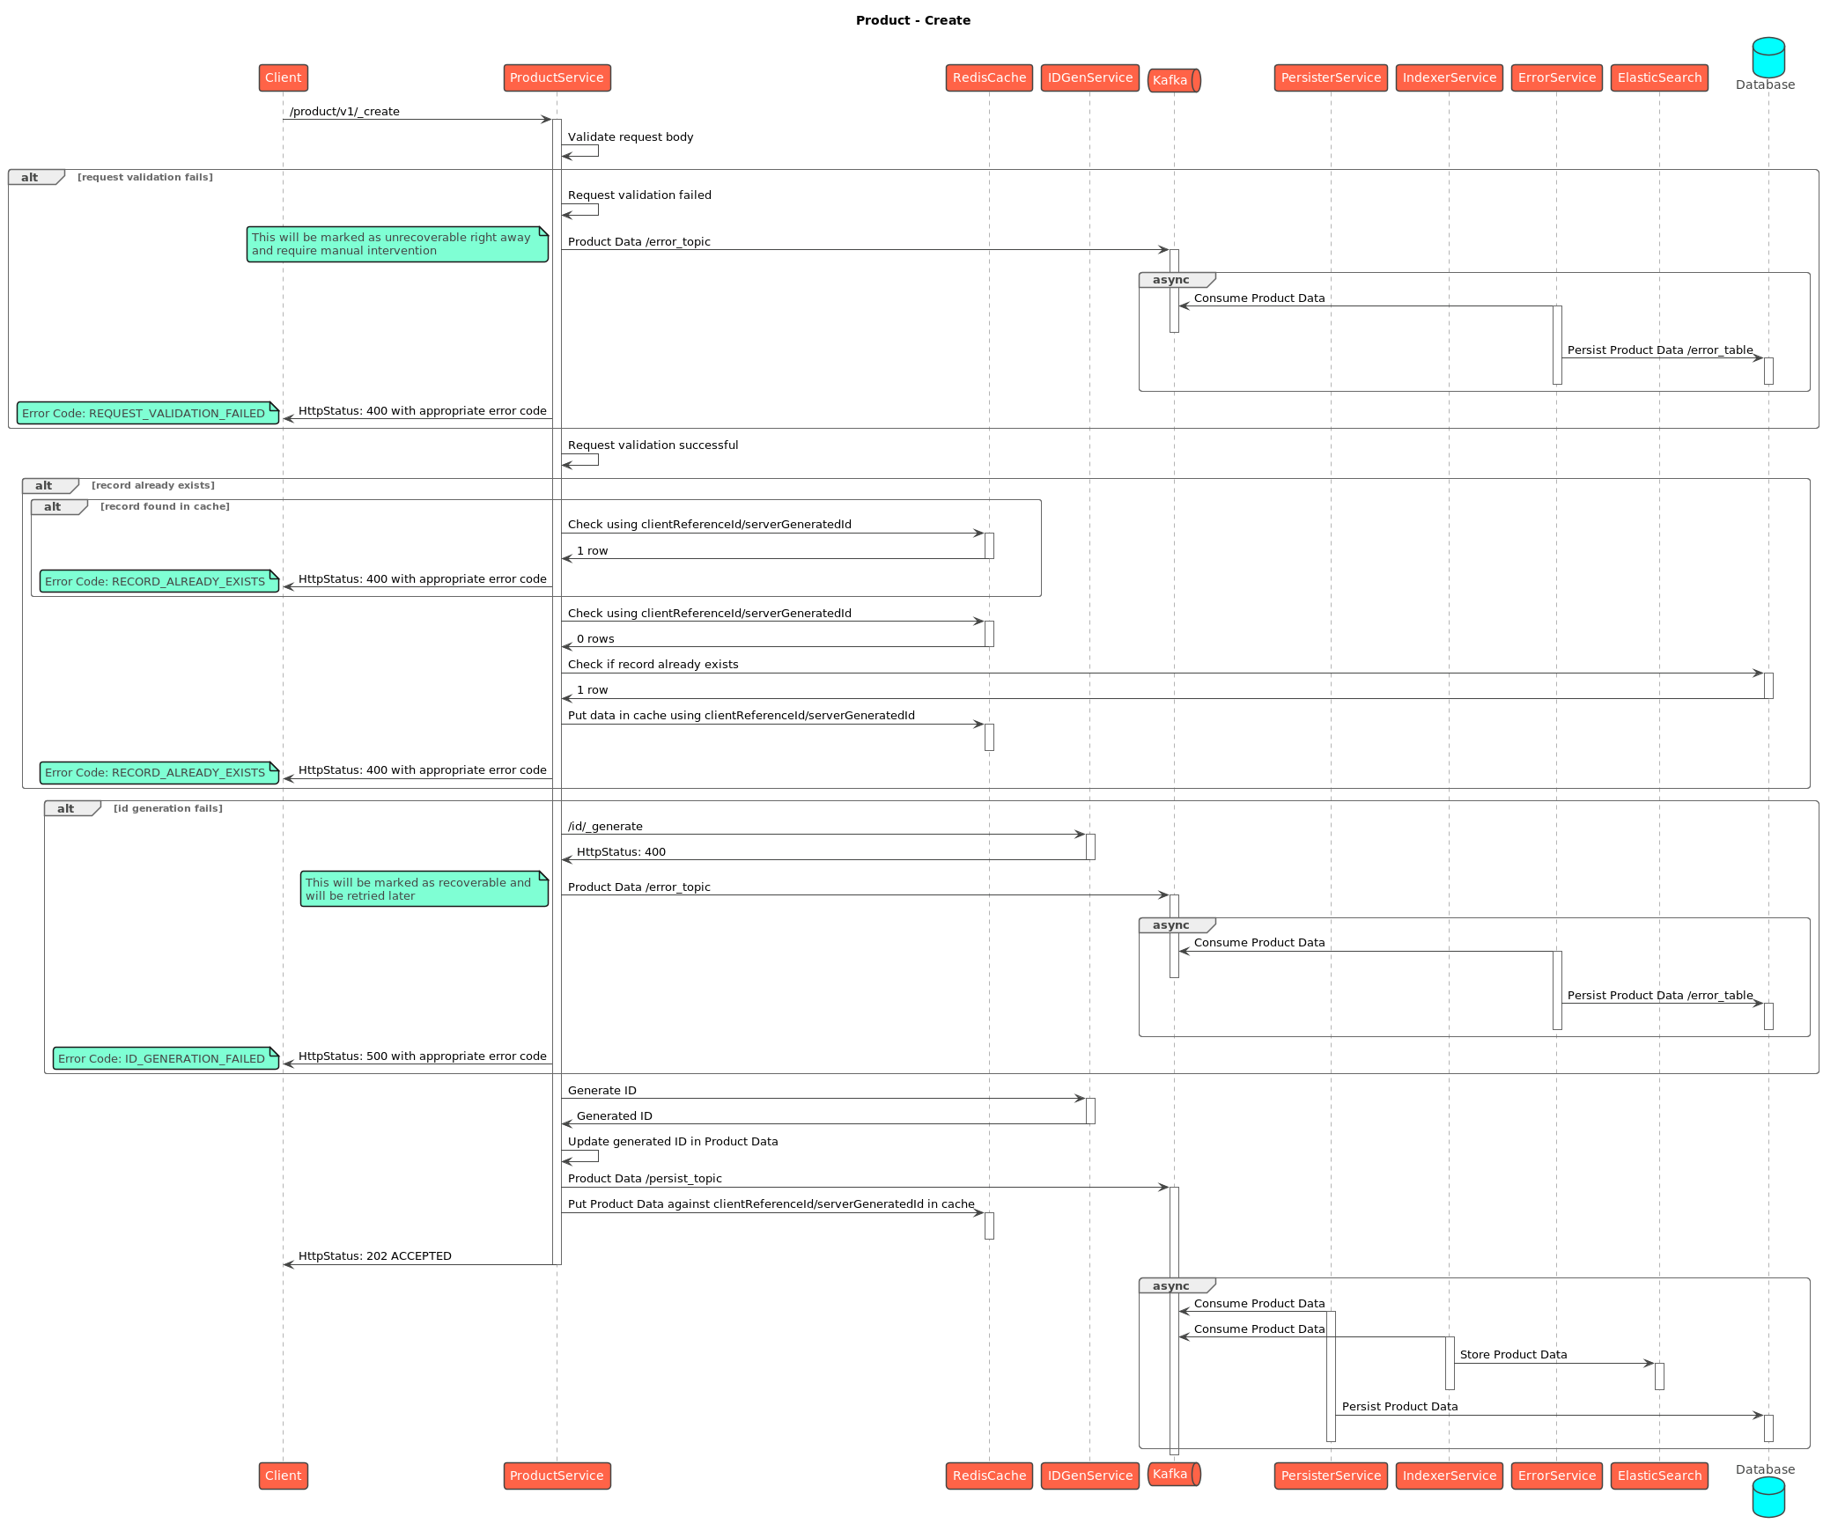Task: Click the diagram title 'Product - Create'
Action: (912, 20)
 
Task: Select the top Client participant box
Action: (283, 77)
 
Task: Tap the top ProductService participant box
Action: (557, 77)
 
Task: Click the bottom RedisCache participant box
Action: (989, 1476)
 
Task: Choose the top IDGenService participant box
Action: (1089, 77)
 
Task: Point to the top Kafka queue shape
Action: (1173, 80)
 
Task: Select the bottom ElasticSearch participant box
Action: (1659, 1476)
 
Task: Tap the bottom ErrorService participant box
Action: (1556, 1476)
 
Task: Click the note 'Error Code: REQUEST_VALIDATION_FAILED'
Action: (147, 413)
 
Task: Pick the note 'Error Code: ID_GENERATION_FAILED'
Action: (166, 1058)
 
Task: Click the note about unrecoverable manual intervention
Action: (396, 244)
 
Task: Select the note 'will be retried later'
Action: (424, 889)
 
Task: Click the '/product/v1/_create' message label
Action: (344, 112)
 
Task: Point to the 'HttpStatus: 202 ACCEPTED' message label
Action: (374, 1256)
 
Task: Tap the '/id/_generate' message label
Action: (605, 827)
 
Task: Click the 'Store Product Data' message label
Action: (1513, 1355)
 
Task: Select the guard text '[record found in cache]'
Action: (165, 507)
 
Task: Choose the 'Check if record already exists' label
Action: (653, 665)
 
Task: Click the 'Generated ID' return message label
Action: (614, 1116)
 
